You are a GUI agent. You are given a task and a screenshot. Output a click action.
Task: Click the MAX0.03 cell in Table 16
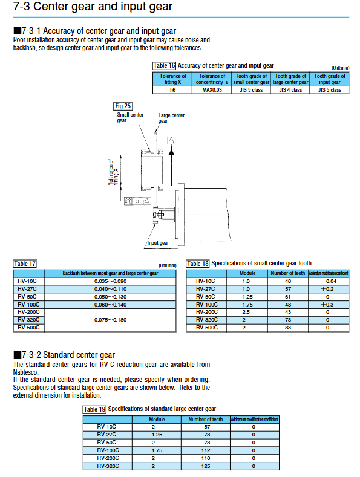pyautogui.click(x=212, y=90)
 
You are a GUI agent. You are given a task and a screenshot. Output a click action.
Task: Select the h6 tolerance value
pyautogui.click(x=172, y=90)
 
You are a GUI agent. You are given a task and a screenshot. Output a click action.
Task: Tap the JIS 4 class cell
pyautogui.click(x=290, y=90)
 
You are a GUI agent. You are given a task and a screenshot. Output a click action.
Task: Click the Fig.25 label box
pyautogui.click(x=123, y=106)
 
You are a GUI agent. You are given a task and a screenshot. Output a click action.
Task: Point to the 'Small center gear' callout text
pyautogui.click(x=130, y=117)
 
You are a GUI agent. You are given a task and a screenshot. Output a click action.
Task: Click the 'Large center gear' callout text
pyautogui.click(x=171, y=118)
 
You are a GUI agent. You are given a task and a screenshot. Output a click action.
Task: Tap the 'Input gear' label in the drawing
pyautogui.click(x=158, y=243)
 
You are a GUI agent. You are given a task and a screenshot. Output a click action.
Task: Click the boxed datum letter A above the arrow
pyautogui.click(x=171, y=140)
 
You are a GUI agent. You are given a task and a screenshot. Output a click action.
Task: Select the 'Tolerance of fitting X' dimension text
pyautogui.click(x=113, y=172)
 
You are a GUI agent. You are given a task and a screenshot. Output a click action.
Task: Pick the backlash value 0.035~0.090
pyautogui.click(x=110, y=281)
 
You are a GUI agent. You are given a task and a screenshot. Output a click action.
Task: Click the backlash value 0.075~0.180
pyautogui.click(x=110, y=320)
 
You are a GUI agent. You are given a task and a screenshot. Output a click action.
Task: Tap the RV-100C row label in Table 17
pyautogui.click(x=28, y=305)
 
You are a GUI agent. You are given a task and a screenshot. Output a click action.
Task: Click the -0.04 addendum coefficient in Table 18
pyautogui.click(x=329, y=281)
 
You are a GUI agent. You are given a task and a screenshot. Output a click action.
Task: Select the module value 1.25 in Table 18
pyautogui.click(x=247, y=297)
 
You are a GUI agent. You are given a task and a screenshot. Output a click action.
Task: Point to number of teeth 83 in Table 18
pyautogui.click(x=288, y=328)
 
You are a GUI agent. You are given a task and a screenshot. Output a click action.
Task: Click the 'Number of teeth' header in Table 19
pyautogui.click(x=205, y=420)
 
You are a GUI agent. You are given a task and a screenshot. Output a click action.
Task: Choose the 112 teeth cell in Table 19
pyautogui.click(x=206, y=450)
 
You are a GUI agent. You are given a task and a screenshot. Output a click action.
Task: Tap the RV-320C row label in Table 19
pyautogui.click(x=108, y=466)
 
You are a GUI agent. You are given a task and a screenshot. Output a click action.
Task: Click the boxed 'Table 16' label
pyautogui.click(x=164, y=66)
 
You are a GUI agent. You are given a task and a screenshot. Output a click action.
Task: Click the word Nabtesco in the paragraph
pyautogui.click(x=25, y=372)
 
